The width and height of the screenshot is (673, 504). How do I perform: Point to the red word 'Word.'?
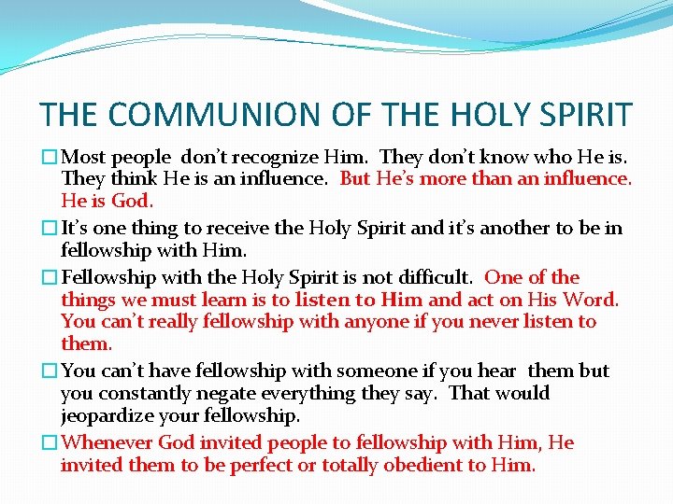tap(591, 300)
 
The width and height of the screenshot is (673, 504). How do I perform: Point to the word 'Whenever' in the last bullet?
tap(106, 442)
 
